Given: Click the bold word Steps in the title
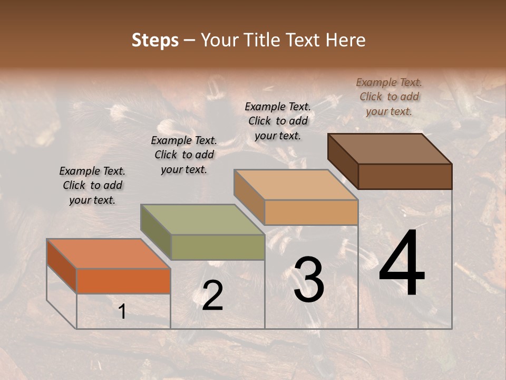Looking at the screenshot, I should click(155, 40).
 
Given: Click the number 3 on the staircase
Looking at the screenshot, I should click(309, 280).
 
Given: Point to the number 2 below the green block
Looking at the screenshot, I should click(212, 296).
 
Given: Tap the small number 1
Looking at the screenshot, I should click(122, 312).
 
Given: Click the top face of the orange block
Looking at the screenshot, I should click(109, 253).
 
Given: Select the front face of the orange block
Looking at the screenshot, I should click(123, 281).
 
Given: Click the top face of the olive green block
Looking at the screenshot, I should click(202, 219).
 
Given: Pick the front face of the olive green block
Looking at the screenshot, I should click(218, 247).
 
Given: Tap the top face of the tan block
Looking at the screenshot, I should click(296, 185).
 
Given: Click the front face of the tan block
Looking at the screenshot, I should click(311, 212).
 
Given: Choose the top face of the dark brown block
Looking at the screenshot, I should click(390, 148).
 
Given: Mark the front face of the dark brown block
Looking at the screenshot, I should click(405, 176).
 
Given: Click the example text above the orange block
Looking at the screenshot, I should click(92, 185).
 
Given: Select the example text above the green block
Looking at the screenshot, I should click(184, 155).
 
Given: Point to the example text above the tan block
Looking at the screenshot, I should click(278, 121).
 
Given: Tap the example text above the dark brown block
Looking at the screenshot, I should click(389, 97).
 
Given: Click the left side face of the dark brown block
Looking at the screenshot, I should click(343, 161).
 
